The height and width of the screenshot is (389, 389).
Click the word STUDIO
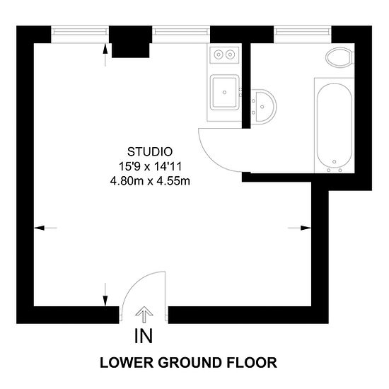click(x=149, y=151)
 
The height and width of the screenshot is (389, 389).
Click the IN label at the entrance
click(x=144, y=335)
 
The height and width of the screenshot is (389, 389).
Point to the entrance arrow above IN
click(x=144, y=314)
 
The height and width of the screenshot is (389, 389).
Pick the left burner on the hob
click(x=218, y=53)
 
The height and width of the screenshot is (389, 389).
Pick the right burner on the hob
click(x=231, y=53)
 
